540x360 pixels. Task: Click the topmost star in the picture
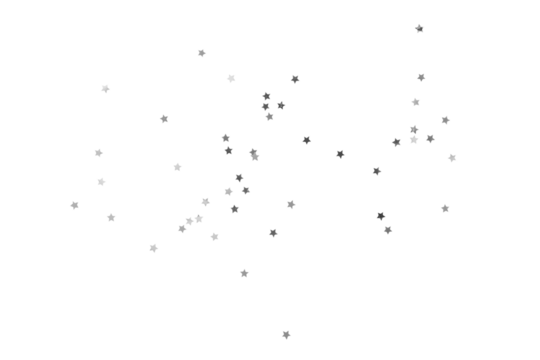click(420, 28)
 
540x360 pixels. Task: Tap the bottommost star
click(286, 334)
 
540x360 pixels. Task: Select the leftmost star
click(74, 205)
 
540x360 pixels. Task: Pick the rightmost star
click(452, 158)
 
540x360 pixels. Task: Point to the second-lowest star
click(244, 273)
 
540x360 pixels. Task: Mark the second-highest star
click(202, 53)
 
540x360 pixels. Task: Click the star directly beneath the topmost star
click(421, 77)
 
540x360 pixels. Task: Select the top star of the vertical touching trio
click(266, 96)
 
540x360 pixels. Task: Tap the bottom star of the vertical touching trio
click(269, 116)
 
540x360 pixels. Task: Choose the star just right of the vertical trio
click(281, 105)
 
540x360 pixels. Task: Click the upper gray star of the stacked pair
click(414, 129)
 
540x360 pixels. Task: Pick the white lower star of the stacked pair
click(414, 140)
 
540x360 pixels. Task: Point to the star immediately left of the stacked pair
click(397, 142)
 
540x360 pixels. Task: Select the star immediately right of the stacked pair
click(430, 139)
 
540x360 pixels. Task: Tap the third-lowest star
click(154, 248)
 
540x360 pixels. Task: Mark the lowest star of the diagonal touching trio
click(183, 228)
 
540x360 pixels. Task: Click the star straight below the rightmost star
click(445, 208)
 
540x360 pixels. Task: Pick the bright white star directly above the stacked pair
click(415, 102)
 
